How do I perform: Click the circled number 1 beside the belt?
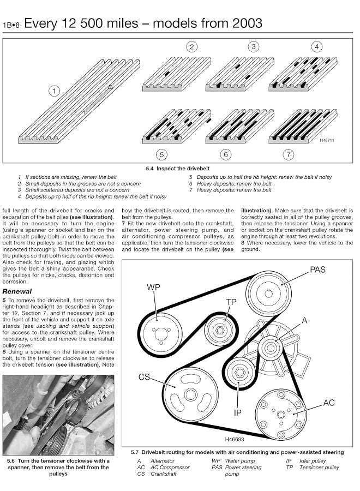(54, 92)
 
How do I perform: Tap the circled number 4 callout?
(316, 47)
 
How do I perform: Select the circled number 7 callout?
(289, 155)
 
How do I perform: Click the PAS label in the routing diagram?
(319, 270)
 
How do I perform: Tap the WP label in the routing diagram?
(153, 288)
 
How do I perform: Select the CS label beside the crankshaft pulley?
(144, 378)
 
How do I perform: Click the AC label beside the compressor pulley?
(329, 403)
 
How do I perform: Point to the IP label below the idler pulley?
(238, 413)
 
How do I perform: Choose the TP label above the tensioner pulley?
(231, 302)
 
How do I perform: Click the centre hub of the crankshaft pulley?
(190, 394)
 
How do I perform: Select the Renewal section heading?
(17, 291)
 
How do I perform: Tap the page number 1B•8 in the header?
(11, 26)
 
